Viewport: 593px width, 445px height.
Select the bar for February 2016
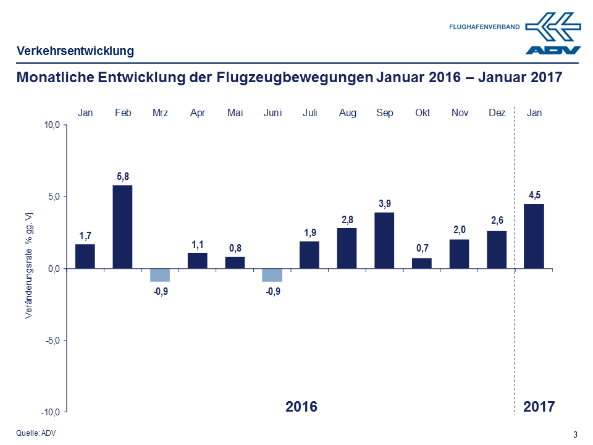(x=123, y=227)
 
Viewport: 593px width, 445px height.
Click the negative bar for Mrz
(x=160, y=275)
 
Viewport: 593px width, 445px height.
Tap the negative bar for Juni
(x=272, y=275)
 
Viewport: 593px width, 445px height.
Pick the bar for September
(x=385, y=240)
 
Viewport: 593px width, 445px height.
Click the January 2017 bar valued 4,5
(x=534, y=236)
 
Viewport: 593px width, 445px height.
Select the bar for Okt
(x=422, y=263)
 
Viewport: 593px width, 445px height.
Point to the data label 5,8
(x=123, y=177)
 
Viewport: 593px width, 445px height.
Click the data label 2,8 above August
(x=347, y=219)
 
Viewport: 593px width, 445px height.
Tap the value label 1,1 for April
(x=198, y=245)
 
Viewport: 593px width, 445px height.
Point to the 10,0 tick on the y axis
(x=51, y=125)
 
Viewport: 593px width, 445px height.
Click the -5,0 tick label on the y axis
(x=51, y=341)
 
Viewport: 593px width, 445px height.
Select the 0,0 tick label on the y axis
(x=53, y=269)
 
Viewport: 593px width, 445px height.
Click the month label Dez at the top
(x=497, y=112)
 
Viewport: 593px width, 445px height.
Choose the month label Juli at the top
(x=310, y=112)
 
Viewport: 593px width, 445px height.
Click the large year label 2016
(x=301, y=406)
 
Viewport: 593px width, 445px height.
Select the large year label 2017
(x=539, y=406)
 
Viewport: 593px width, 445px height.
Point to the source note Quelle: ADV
(x=36, y=433)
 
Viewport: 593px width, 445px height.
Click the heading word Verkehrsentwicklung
(x=75, y=51)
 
